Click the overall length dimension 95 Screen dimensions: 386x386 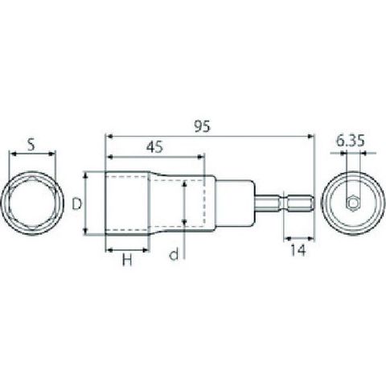pyautogui.click(x=203, y=126)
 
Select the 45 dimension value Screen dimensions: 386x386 pyautogui.click(x=154, y=147)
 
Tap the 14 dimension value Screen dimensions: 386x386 pyautogui.click(x=298, y=250)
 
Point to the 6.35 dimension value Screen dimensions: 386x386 pyautogui.click(x=351, y=142)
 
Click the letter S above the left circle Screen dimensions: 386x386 pyautogui.click(x=31, y=145)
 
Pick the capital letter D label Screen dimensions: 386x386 pyautogui.click(x=77, y=204)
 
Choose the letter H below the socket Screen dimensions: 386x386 pyautogui.click(x=127, y=260)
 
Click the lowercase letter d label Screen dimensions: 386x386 pyautogui.click(x=174, y=254)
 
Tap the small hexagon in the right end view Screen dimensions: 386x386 pyautogui.click(x=353, y=203)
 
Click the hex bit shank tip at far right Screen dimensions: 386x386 pyautogui.click(x=312, y=203)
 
